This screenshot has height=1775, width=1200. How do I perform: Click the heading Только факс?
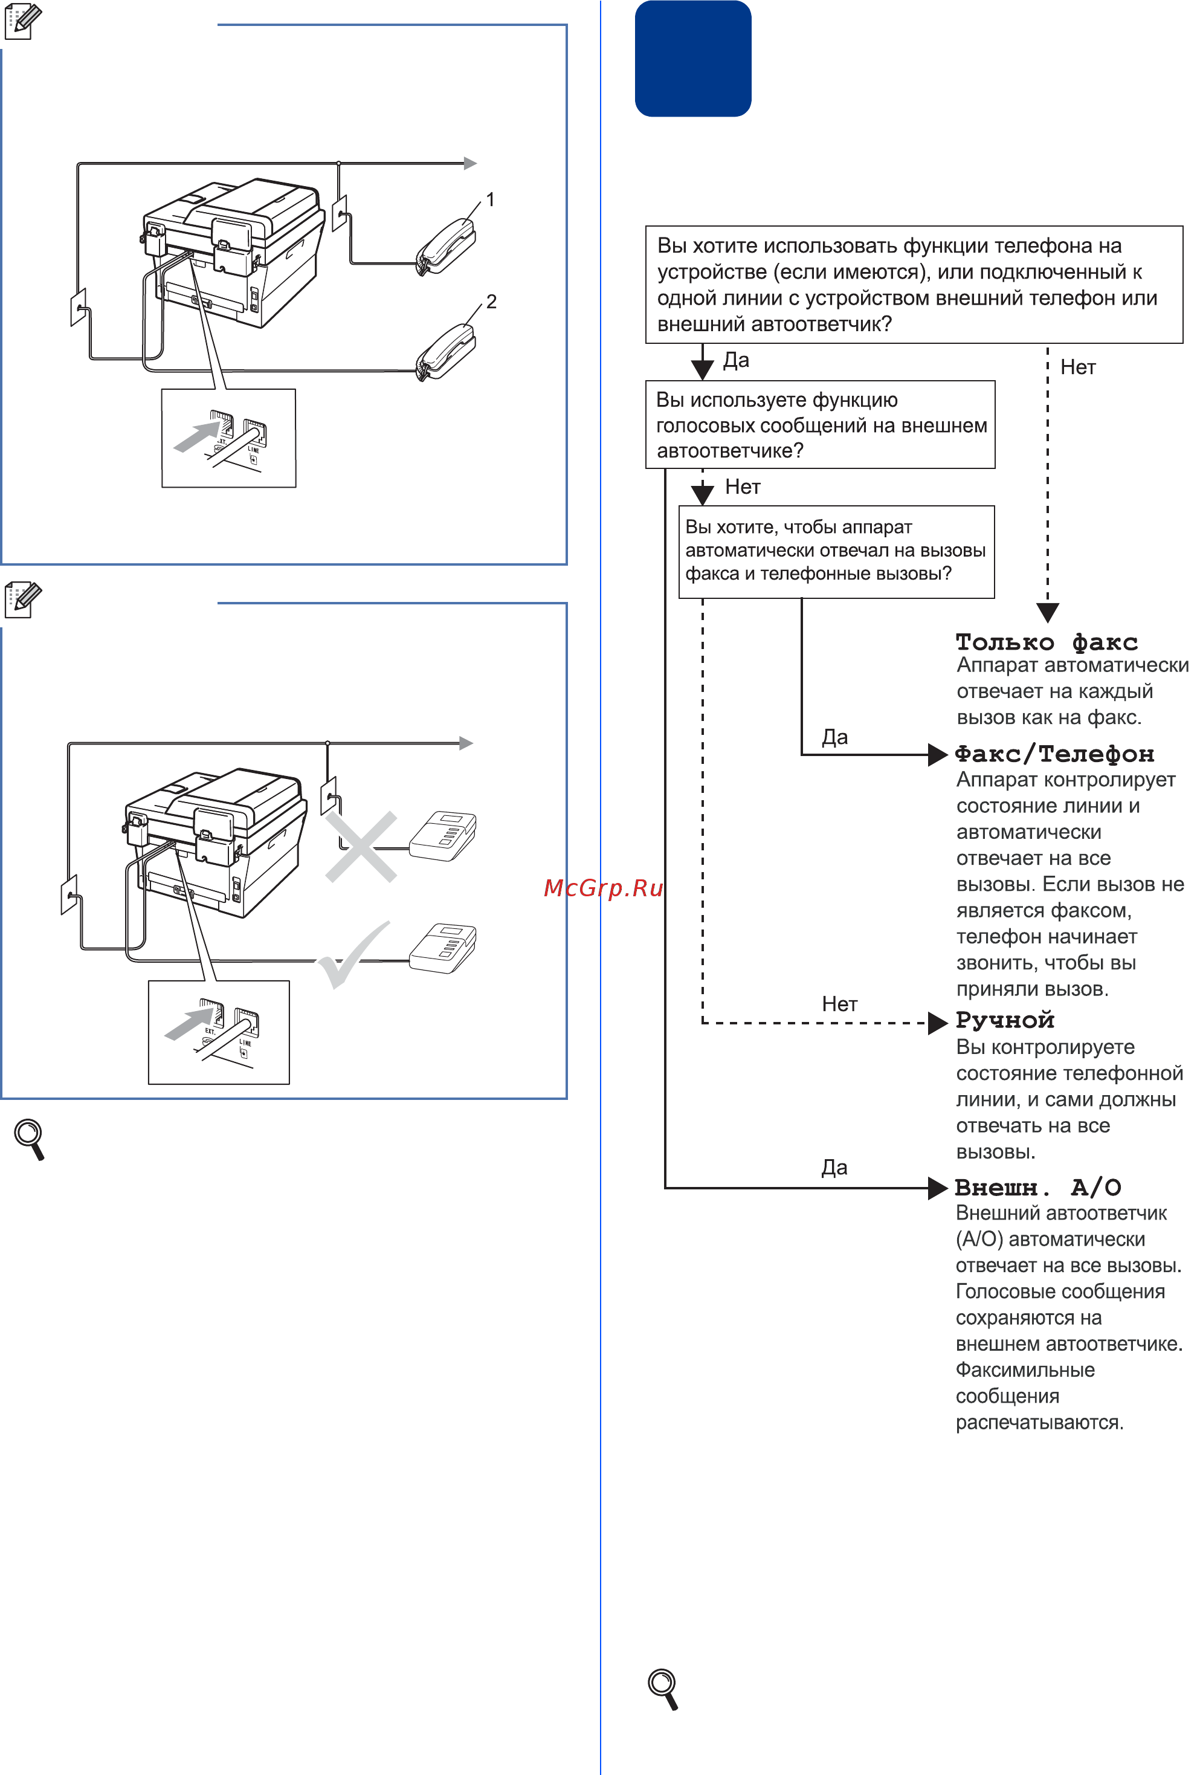pos(1047,642)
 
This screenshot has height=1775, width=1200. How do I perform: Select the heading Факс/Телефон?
pos(1054,754)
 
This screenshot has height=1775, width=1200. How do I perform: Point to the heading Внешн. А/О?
pos(1038,1188)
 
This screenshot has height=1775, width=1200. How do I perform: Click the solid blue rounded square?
pos(693,59)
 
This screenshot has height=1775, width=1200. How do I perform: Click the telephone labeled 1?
pos(445,246)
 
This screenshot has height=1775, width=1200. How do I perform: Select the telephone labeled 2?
pos(445,351)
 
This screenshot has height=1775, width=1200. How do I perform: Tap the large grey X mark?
pos(361,846)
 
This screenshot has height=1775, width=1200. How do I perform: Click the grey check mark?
pos(353,955)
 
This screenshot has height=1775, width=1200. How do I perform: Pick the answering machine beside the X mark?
pos(443,836)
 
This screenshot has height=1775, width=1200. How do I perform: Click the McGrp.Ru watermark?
pos(604,887)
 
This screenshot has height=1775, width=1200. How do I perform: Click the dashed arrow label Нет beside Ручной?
pos(839,1004)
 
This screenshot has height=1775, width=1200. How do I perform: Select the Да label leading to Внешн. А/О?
pos(834,1167)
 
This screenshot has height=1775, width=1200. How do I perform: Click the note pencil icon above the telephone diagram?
pos(23,21)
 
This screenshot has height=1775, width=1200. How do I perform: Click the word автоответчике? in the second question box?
pos(731,451)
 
